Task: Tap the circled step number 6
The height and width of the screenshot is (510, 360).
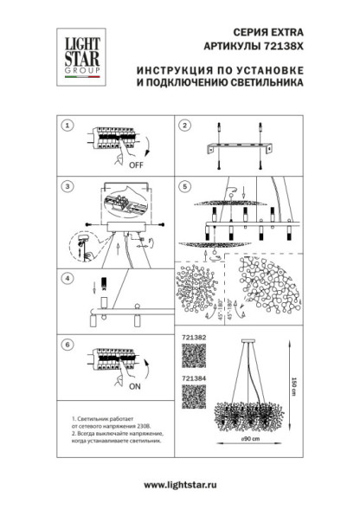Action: click(x=66, y=343)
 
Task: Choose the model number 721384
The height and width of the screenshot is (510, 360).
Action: click(x=192, y=378)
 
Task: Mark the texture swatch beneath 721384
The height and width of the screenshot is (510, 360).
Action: click(x=193, y=397)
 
